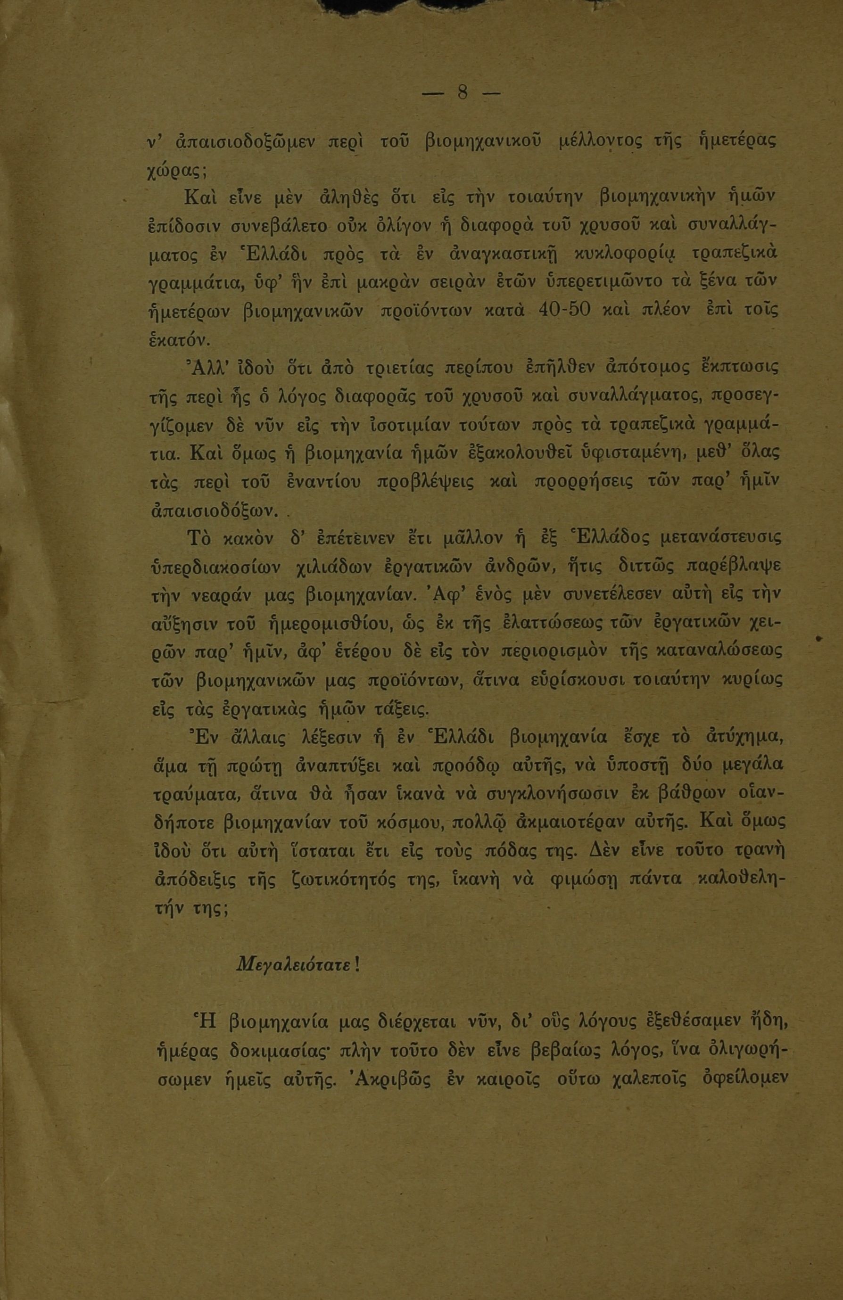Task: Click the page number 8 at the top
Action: pyautogui.click(x=462, y=93)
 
